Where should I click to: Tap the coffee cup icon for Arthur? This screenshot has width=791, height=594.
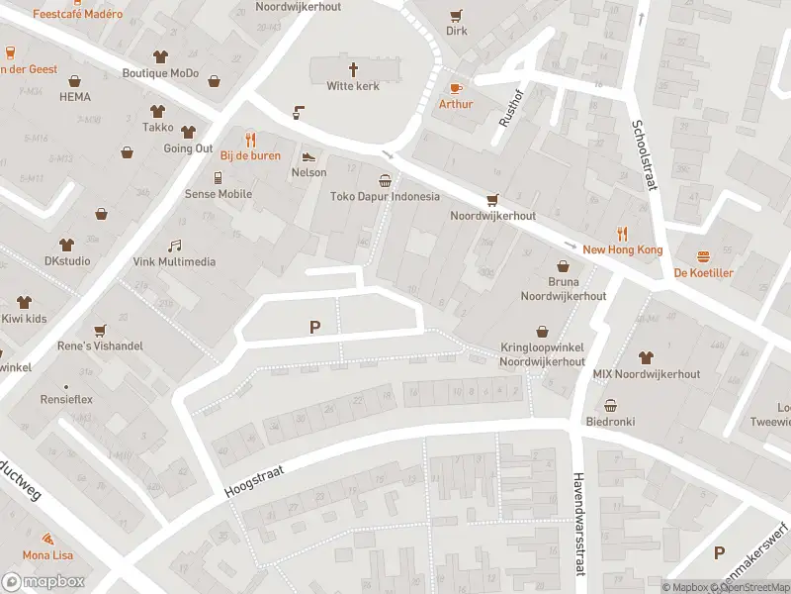pyautogui.click(x=456, y=87)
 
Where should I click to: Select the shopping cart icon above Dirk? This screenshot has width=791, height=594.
pyautogui.click(x=456, y=15)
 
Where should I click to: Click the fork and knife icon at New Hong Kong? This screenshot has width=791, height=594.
pyautogui.click(x=622, y=234)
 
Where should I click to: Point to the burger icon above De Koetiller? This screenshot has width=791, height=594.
pyautogui.click(x=703, y=256)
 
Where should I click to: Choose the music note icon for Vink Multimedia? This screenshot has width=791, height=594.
pyautogui.click(x=174, y=246)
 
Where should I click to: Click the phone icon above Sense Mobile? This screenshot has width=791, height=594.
pyautogui.click(x=218, y=177)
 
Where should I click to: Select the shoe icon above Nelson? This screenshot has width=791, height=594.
pyautogui.click(x=308, y=156)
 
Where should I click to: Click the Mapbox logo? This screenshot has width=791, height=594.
pyautogui.click(x=44, y=582)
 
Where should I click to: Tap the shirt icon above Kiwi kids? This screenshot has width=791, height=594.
pyautogui.click(x=24, y=302)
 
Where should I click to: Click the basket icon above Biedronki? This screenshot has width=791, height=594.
pyautogui.click(x=610, y=405)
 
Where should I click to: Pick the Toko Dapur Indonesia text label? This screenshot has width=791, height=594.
pyautogui.click(x=385, y=196)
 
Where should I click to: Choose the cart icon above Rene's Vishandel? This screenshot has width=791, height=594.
pyautogui.click(x=99, y=330)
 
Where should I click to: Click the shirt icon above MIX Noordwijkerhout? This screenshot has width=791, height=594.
pyautogui.click(x=646, y=357)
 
